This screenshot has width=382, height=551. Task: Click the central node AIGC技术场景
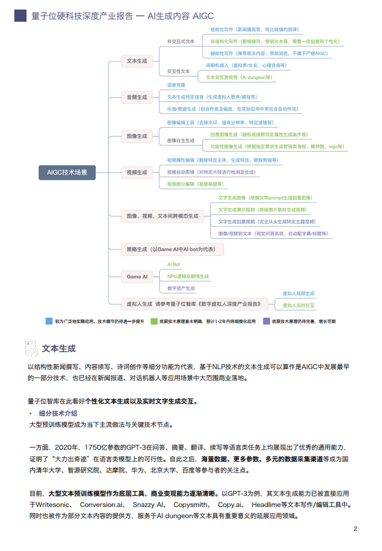click(x=67, y=172)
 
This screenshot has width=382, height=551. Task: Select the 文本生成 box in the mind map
click(x=137, y=61)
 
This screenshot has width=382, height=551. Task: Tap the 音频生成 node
click(x=137, y=97)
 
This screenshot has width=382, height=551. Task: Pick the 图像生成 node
click(x=137, y=136)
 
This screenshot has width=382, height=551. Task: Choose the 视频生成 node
click(x=137, y=172)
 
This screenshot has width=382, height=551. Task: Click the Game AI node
click(x=137, y=276)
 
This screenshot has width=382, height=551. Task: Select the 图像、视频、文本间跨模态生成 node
click(x=162, y=216)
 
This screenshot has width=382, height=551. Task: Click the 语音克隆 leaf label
click(x=176, y=85)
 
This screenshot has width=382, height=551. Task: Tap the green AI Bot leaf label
click(x=173, y=264)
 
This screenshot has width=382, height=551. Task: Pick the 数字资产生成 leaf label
click(x=181, y=288)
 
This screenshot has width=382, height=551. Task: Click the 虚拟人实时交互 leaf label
click(x=298, y=305)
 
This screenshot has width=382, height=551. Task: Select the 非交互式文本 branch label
click(x=180, y=41)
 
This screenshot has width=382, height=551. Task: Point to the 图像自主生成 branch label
click(x=180, y=141)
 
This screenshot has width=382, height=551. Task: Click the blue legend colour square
click(x=49, y=321)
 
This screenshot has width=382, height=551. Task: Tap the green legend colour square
click(x=154, y=321)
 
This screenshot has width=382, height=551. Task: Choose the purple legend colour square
click(x=266, y=321)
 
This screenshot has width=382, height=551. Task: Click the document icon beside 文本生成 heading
click(x=32, y=348)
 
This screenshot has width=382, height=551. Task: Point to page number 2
click(x=355, y=529)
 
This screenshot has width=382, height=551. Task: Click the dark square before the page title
click(x=20, y=16)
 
